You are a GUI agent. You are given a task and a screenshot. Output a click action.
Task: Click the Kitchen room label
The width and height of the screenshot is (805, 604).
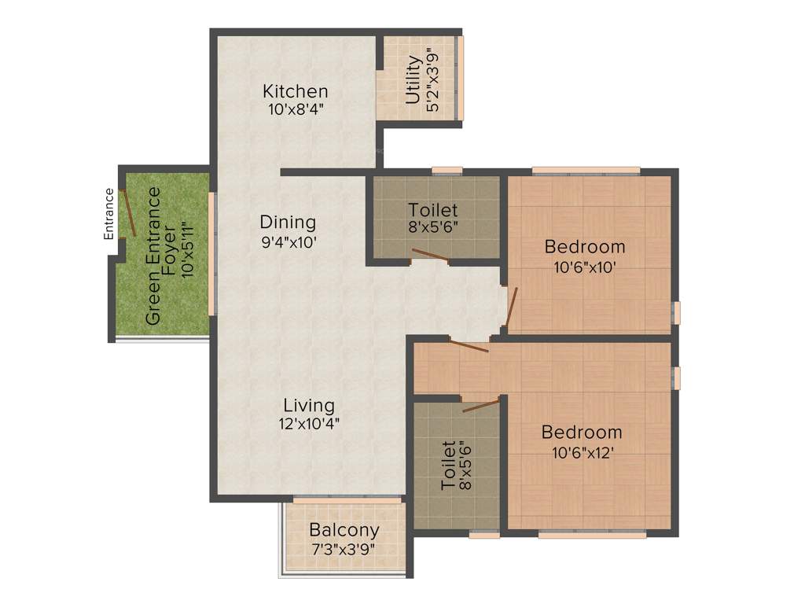295,91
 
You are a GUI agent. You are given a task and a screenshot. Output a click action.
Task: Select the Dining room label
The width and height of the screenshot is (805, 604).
288,223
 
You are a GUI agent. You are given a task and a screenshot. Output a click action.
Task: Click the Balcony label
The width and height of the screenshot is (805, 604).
344,530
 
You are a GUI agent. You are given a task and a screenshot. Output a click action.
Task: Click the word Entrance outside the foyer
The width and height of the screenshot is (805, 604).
109,214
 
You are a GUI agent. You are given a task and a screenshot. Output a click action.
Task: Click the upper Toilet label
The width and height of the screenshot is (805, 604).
432,211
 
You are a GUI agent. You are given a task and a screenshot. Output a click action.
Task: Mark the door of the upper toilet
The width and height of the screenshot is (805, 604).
430,254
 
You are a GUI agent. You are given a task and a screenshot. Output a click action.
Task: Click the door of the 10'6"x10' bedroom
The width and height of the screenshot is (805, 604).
512,307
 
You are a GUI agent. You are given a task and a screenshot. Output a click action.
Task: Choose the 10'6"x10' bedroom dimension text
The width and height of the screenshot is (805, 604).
584,266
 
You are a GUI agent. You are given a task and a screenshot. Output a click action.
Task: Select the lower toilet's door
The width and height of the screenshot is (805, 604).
481,405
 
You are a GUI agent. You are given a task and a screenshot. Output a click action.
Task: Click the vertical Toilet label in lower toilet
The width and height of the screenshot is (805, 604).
448,466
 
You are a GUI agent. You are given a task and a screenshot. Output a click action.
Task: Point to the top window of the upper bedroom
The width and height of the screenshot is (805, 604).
585,171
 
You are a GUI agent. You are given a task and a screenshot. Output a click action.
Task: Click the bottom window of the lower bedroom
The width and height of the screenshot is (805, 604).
592,534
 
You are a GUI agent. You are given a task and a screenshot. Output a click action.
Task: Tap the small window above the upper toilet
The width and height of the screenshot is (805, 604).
447,171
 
